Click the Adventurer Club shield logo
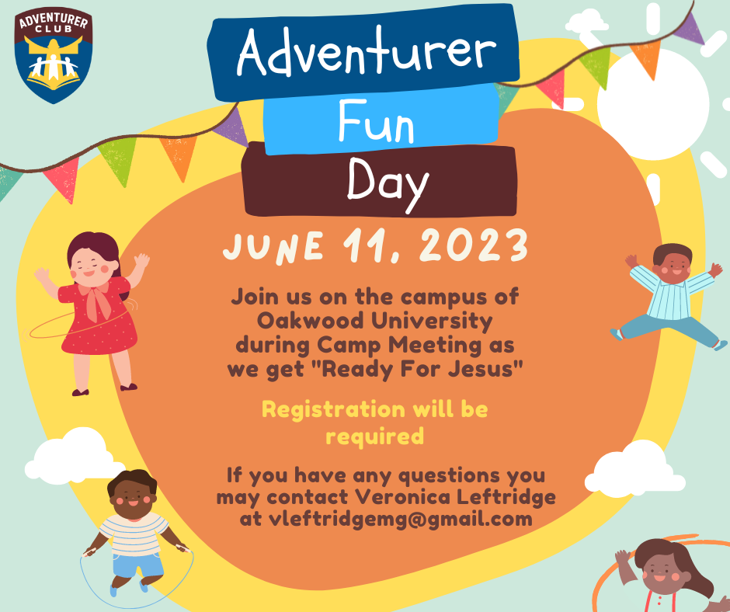point(53,55)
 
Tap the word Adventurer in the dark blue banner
point(367,51)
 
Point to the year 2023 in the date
point(474,245)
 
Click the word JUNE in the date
point(273,246)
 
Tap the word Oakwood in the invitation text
point(311,321)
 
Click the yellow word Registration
point(333,410)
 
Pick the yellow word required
point(375,436)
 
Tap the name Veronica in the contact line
point(403,496)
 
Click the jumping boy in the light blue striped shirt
point(669,296)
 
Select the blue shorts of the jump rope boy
point(137,564)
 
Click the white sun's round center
point(653,105)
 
